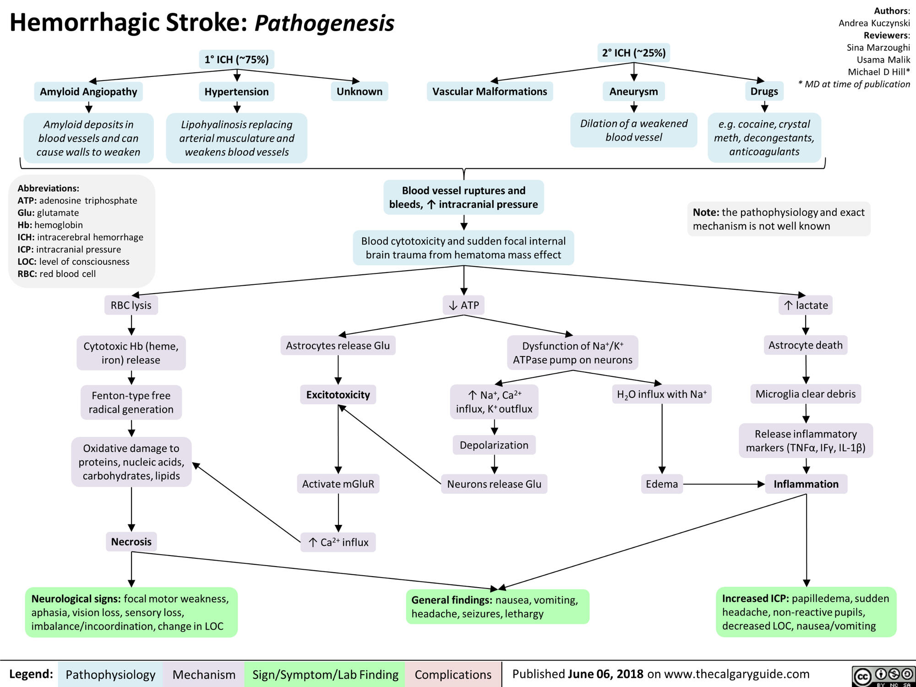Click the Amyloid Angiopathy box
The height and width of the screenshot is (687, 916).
click(x=88, y=92)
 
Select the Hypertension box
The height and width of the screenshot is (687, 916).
click(x=236, y=92)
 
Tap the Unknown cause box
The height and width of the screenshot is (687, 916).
click(x=359, y=91)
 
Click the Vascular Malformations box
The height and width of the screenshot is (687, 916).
click(x=490, y=91)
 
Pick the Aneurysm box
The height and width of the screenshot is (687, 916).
click(x=633, y=91)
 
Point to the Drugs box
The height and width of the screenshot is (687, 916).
click(x=764, y=91)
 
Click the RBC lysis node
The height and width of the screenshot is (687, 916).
click(x=131, y=305)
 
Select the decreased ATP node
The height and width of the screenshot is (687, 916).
click(x=463, y=305)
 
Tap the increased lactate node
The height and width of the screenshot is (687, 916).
click(x=805, y=305)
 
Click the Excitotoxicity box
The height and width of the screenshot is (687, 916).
click(x=338, y=394)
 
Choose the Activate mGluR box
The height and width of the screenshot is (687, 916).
click(x=338, y=484)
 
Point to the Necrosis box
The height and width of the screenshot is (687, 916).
click(x=131, y=541)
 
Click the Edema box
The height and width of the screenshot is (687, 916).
click(x=662, y=484)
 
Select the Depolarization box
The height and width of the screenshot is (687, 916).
click(x=494, y=445)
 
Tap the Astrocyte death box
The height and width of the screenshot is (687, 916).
click(x=805, y=345)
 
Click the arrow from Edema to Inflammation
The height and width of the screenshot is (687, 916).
click(x=724, y=484)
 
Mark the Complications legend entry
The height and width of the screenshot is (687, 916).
click(x=453, y=674)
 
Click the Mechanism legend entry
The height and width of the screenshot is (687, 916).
click(x=204, y=674)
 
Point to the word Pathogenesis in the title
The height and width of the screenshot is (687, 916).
click(x=324, y=23)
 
